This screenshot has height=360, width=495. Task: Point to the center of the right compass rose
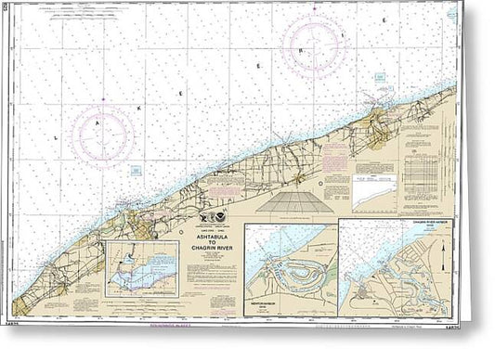tap(313, 45)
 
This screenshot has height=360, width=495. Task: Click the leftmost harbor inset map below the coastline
tap(141, 269)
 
